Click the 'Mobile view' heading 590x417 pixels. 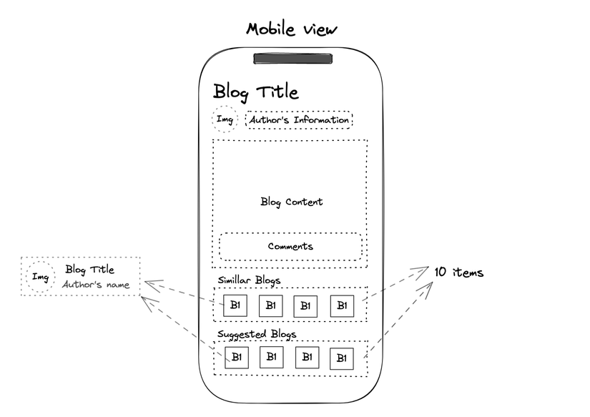(x=290, y=29)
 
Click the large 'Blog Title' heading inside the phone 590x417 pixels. (x=255, y=92)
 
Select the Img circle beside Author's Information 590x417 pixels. (x=225, y=119)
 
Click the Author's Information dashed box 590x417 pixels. (x=299, y=120)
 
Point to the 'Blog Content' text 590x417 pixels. (x=291, y=202)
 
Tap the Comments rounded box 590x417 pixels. (x=290, y=247)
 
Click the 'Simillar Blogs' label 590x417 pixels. (x=249, y=280)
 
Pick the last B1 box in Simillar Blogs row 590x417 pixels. (x=342, y=305)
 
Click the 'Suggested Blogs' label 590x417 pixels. (x=257, y=334)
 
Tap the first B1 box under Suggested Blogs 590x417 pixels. (x=236, y=357)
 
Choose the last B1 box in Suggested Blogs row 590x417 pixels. (x=342, y=358)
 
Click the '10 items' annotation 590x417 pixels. (x=458, y=273)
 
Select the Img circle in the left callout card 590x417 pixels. (x=41, y=278)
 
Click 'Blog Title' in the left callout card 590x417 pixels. (x=89, y=270)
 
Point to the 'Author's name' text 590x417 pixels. (x=96, y=285)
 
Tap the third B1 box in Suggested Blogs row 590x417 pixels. (x=306, y=356)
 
